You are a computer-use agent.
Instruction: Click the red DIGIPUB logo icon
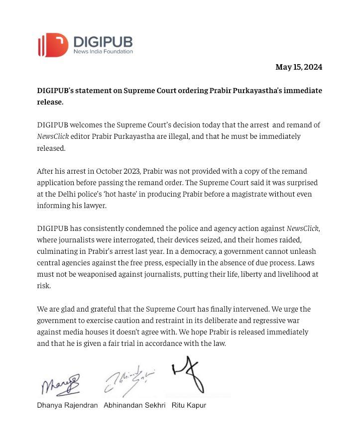(x=53, y=45)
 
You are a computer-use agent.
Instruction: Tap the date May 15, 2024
(x=299, y=67)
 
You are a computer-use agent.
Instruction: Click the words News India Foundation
(x=103, y=51)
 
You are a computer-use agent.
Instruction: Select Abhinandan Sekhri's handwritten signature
(x=129, y=382)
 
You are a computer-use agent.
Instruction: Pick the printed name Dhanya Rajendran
(x=68, y=405)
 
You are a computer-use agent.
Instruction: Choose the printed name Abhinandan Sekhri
(x=134, y=405)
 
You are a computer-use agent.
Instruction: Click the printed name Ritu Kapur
(x=189, y=405)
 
